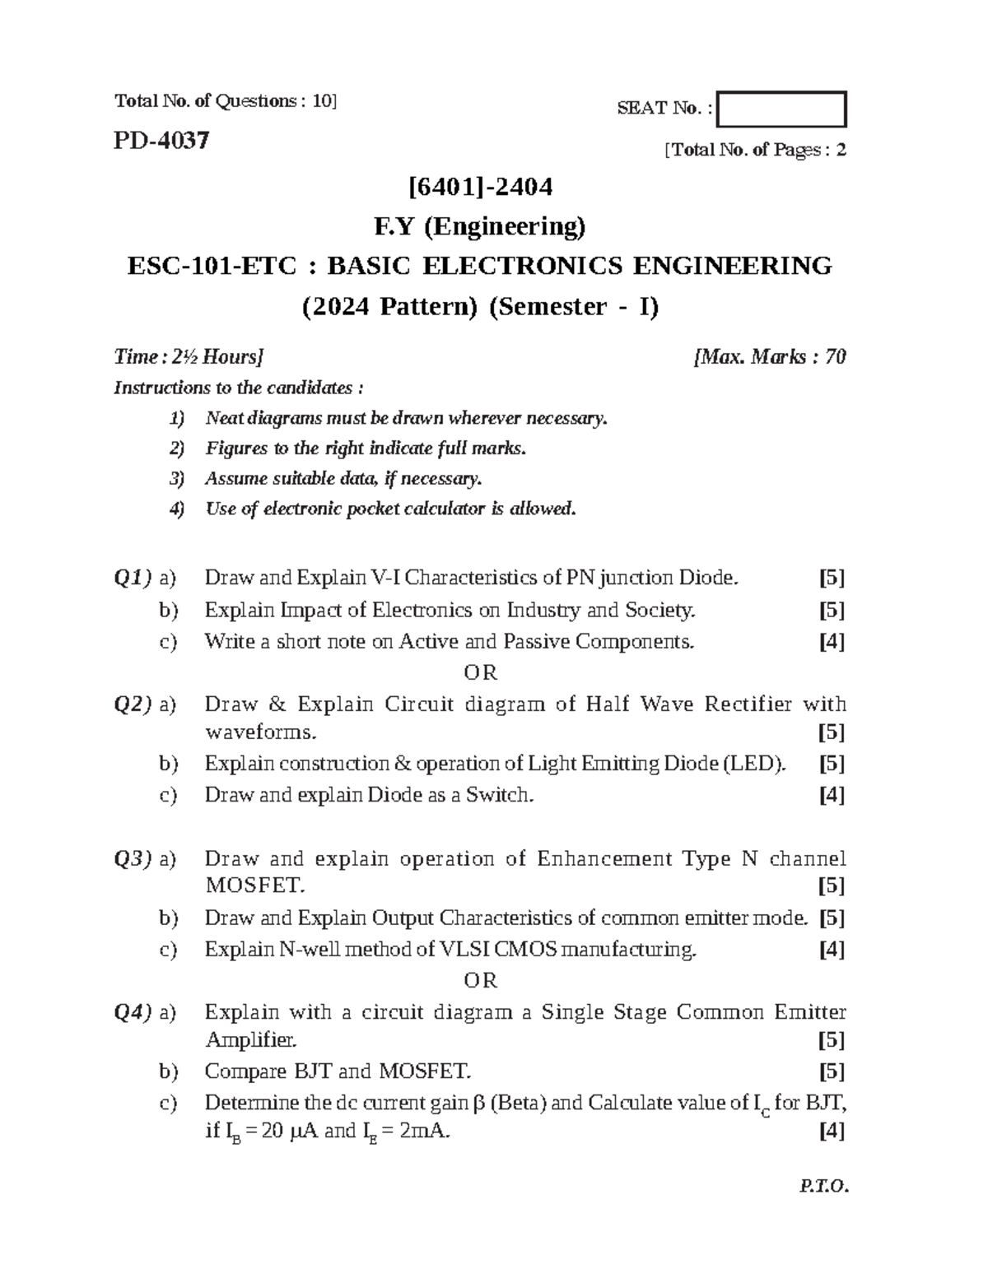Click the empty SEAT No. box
point(781,109)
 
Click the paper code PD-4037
point(161,141)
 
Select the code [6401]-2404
point(481,188)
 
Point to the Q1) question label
point(133,579)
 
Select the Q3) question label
point(133,859)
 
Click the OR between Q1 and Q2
point(481,673)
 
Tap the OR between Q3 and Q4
point(481,981)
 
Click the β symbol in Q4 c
point(482,1103)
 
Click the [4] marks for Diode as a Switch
point(832,795)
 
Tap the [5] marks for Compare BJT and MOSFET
point(832,1071)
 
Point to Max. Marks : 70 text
point(771,357)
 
